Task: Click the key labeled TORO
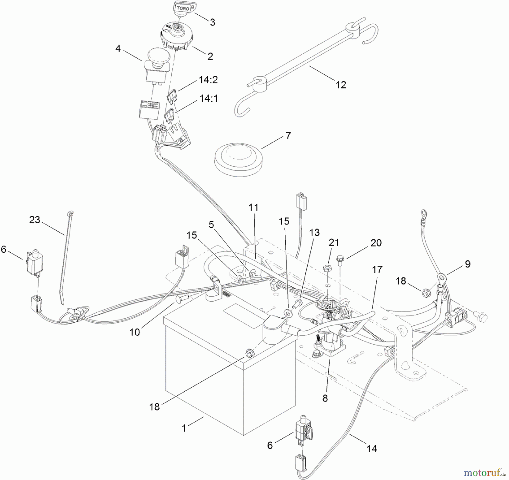pos(183,8)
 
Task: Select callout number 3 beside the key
pos(212,22)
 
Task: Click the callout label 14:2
pos(208,80)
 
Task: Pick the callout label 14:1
pos(209,99)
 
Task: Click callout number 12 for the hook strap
pos(341,85)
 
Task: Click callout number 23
pos(35,220)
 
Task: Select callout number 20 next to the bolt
pos(376,243)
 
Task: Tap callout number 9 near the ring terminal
pos(468,264)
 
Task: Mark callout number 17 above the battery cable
pos(377,269)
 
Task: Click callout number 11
pos(253,207)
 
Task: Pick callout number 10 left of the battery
pos(135,332)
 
